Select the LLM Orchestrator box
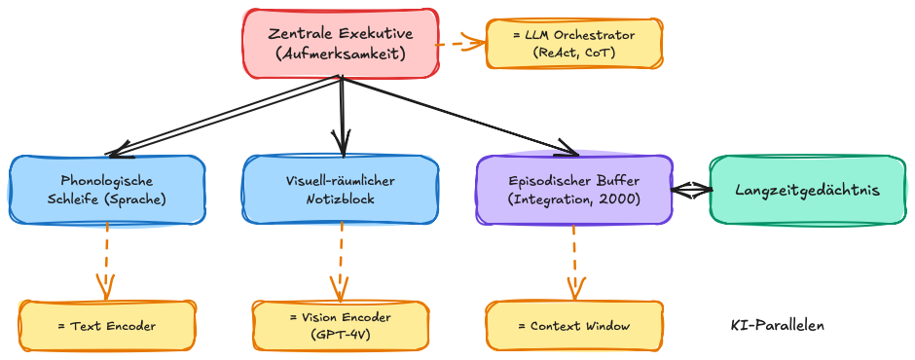(x=574, y=44)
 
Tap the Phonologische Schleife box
(x=107, y=190)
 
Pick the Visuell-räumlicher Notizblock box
(x=340, y=190)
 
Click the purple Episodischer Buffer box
(x=573, y=190)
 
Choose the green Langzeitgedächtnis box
(x=807, y=190)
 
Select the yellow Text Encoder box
(x=107, y=326)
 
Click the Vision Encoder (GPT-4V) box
(x=340, y=326)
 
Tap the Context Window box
(x=574, y=326)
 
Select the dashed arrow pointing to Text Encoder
(x=106, y=261)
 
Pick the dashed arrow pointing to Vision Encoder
(x=340, y=261)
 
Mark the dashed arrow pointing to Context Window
(x=574, y=261)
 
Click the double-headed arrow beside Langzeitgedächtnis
(x=691, y=191)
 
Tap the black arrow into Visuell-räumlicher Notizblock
(x=340, y=117)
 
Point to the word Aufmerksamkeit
(x=340, y=54)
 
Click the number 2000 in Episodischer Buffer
(x=619, y=199)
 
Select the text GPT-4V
(x=340, y=335)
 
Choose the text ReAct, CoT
(x=574, y=54)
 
